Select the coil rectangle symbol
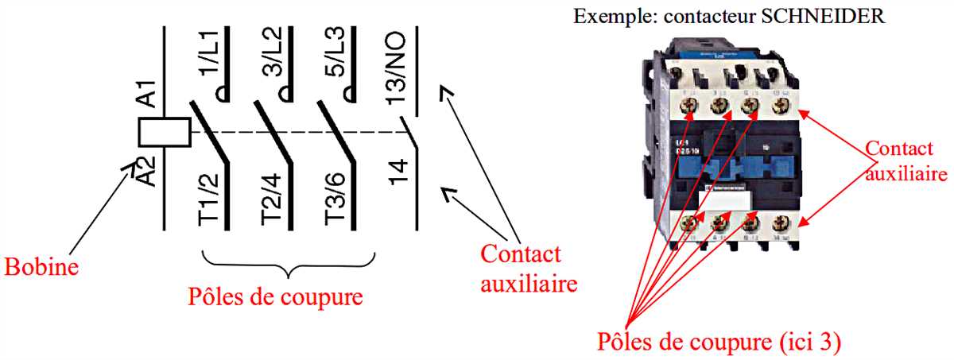[x=165, y=132]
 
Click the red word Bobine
[x=41, y=266]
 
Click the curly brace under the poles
[x=289, y=263]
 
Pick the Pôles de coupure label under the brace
[x=275, y=297]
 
